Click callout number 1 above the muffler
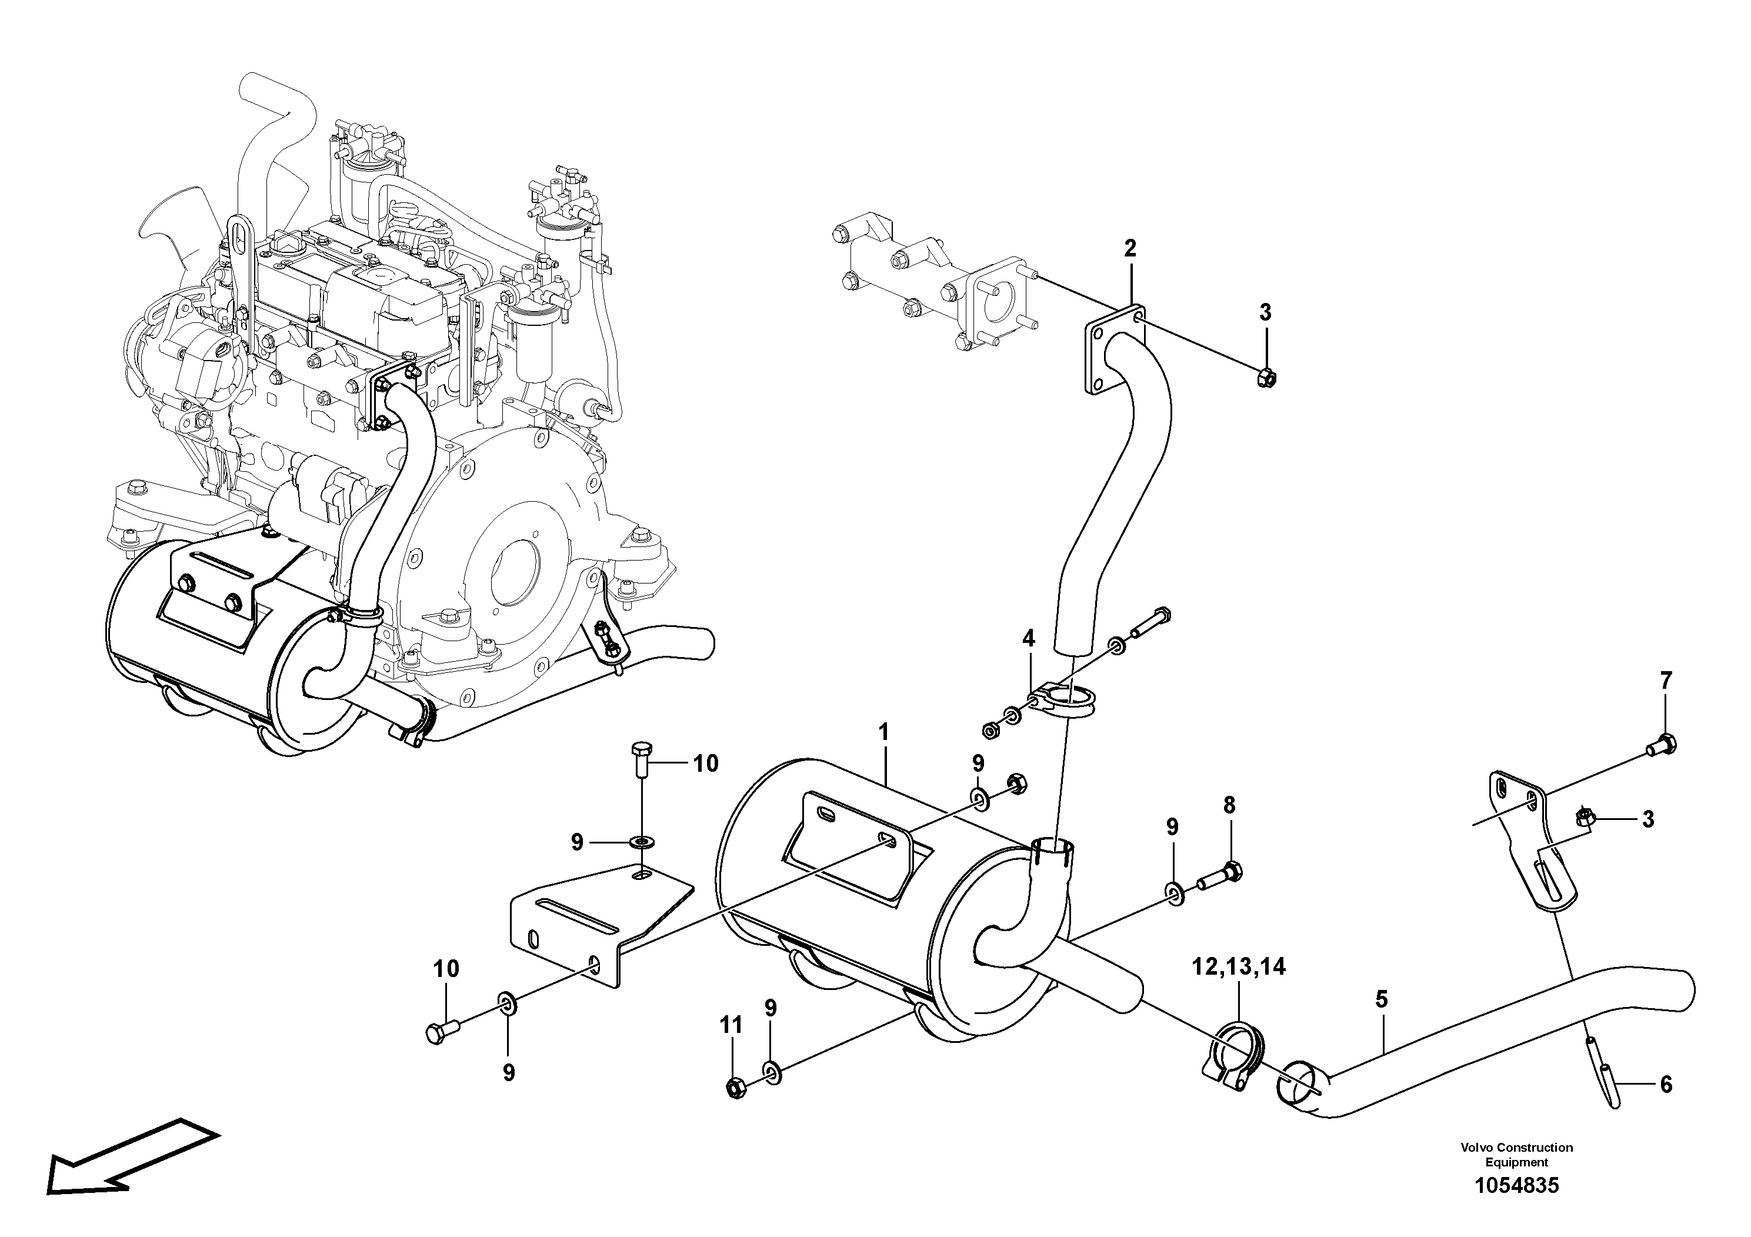pyautogui.click(x=884, y=733)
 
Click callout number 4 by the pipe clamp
pyautogui.click(x=1029, y=639)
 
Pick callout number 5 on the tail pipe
pyautogui.click(x=1382, y=999)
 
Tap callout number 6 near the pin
pyautogui.click(x=1666, y=1083)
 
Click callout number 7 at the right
pyautogui.click(x=1666, y=681)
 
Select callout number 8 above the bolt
pyautogui.click(x=1229, y=805)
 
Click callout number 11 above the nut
pyautogui.click(x=731, y=1026)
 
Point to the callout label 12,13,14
pyautogui.click(x=1239, y=967)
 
